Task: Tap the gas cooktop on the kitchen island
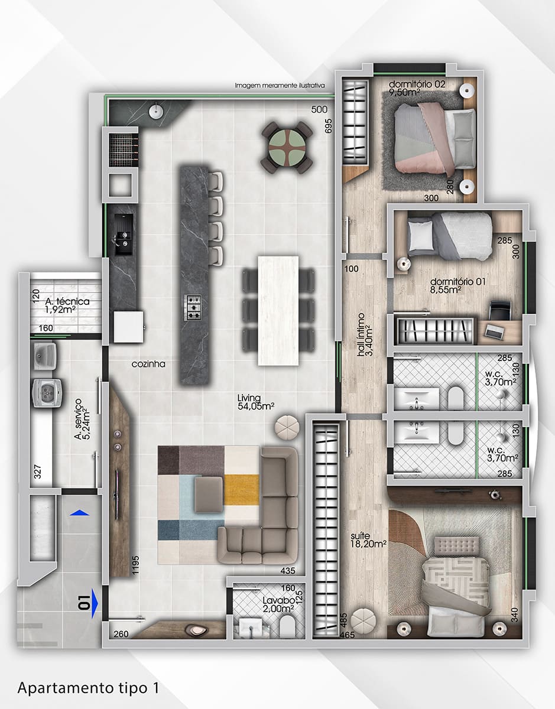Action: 193,307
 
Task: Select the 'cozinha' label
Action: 148,364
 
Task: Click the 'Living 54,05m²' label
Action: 255,401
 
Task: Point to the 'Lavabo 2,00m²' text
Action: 278,604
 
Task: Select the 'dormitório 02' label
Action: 417,84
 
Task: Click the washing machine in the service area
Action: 48,393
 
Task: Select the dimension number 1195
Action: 135,565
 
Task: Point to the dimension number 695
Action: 328,126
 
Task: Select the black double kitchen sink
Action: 124,235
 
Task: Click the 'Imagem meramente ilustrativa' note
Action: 280,86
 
